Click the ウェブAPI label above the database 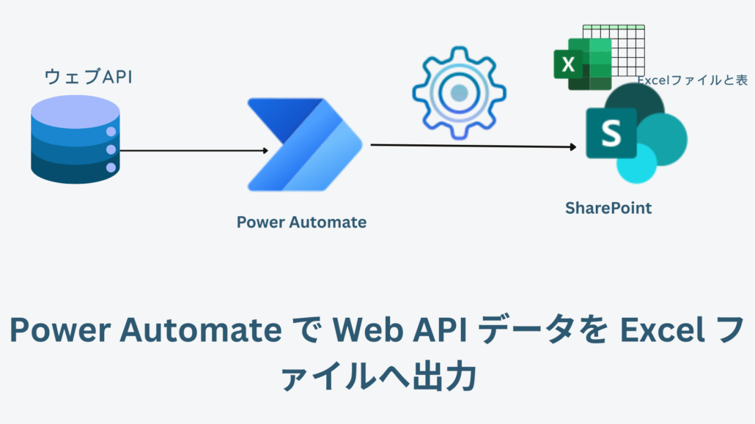tap(88, 76)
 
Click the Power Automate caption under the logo tap(301, 222)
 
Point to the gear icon tap(459, 93)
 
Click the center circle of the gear tap(460, 93)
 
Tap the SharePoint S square tap(611, 133)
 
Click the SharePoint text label tap(608, 208)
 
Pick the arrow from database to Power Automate tap(193, 151)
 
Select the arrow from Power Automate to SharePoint tap(473, 146)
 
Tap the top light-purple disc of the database tap(75, 109)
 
